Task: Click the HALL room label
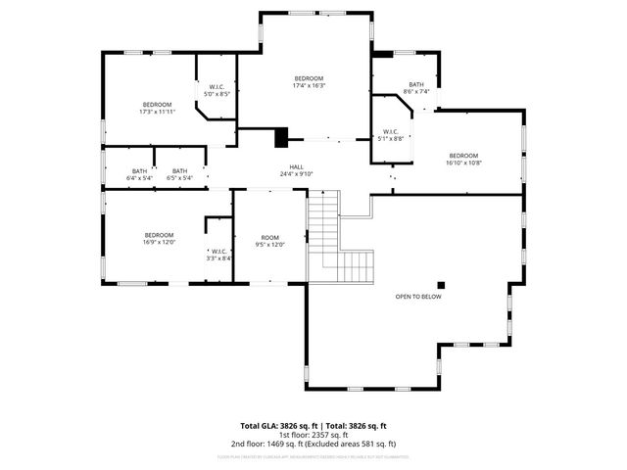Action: click(296, 166)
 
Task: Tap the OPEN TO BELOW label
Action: click(418, 297)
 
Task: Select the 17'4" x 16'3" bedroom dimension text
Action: click(309, 86)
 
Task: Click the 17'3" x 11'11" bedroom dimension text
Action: click(157, 112)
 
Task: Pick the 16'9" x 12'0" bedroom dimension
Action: click(159, 242)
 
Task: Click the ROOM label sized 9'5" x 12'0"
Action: click(269, 238)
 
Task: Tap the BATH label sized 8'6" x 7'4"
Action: click(416, 84)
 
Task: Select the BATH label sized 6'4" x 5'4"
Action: click(139, 171)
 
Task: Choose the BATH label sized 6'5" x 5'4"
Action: click(179, 171)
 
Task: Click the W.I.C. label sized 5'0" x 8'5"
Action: click(217, 87)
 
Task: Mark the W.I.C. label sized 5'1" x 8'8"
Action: click(390, 131)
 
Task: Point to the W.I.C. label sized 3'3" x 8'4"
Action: click(217, 251)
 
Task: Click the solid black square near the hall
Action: click(281, 138)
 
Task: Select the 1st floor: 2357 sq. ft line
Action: click(313, 436)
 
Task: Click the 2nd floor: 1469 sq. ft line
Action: click(313, 445)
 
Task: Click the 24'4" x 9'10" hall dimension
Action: click(296, 174)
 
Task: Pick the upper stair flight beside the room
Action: click(322, 220)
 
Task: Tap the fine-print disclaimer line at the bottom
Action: click(313, 456)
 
